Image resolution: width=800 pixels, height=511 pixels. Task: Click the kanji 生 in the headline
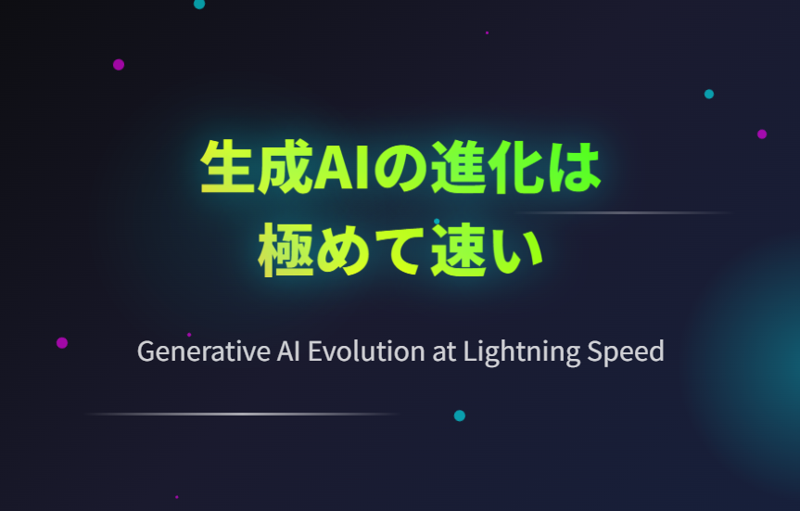coord(227,167)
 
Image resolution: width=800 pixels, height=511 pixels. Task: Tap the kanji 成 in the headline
coord(285,168)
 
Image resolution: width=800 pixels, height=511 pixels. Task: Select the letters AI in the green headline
coord(342,168)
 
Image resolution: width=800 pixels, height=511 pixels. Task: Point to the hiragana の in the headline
coord(400,168)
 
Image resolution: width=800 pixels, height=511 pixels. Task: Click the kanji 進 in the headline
coord(458,168)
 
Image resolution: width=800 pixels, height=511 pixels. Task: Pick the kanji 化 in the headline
coord(515,168)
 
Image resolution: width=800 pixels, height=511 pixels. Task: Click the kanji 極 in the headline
coord(286,250)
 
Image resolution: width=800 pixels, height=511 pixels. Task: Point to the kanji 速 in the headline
coord(458,250)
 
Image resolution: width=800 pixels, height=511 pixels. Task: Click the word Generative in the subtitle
coord(204,351)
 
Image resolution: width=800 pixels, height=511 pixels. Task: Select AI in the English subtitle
coord(288,351)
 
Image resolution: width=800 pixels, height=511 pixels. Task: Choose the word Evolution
coord(366,351)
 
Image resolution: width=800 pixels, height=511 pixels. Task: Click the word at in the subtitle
coord(444,352)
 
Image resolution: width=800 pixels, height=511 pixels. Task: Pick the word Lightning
coord(522,352)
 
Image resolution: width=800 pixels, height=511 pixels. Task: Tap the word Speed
coord(626,352)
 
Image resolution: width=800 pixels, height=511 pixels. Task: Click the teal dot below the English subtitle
coord(460,415)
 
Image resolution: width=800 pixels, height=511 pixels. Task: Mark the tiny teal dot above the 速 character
coord(437,222)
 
